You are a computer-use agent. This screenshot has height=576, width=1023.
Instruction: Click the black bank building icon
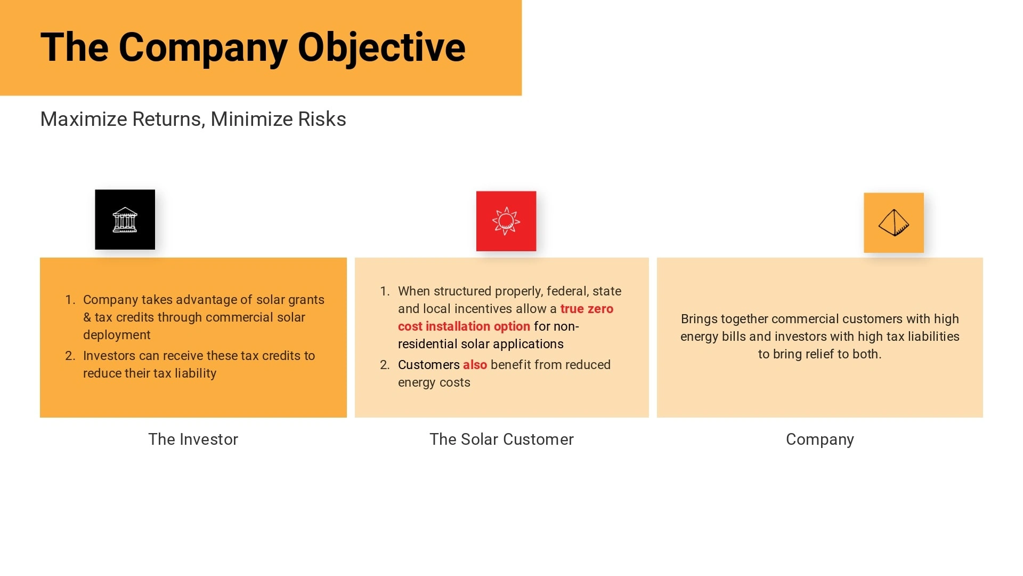coord(125,219)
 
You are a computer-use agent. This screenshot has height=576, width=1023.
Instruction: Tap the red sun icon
coord(506,221)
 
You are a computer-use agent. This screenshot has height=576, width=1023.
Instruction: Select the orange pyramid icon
coord(894,222)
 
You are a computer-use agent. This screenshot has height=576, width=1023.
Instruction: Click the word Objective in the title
coord(381,48)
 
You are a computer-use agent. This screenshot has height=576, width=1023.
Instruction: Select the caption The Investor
coord(193,439)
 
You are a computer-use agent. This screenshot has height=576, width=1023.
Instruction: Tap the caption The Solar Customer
coord(501,439)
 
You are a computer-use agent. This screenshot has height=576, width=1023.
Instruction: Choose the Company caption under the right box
coord(819,439)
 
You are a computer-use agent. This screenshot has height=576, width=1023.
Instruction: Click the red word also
coord(475,365)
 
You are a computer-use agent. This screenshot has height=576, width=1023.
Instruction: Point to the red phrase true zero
coord(587,309)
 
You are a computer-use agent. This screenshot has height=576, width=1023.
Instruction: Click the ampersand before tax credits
coord(87,317)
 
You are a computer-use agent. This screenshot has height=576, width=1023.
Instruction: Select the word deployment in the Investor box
coord(117,335)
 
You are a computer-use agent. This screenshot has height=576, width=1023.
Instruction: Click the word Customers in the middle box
coord(428,365)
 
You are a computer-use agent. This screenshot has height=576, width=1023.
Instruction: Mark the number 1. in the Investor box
coord(70,300)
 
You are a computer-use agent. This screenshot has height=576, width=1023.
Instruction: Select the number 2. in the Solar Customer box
coord(385,365)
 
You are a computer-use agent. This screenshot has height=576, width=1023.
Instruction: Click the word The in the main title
coord(75,48)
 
